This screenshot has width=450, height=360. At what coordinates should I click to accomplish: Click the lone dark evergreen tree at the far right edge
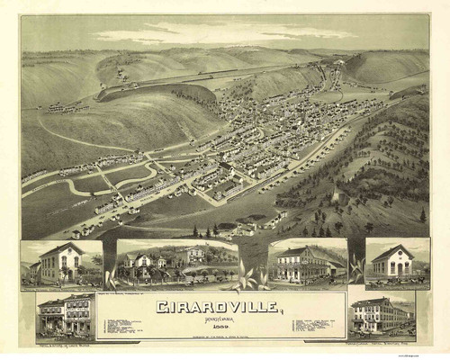click(422, 215)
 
